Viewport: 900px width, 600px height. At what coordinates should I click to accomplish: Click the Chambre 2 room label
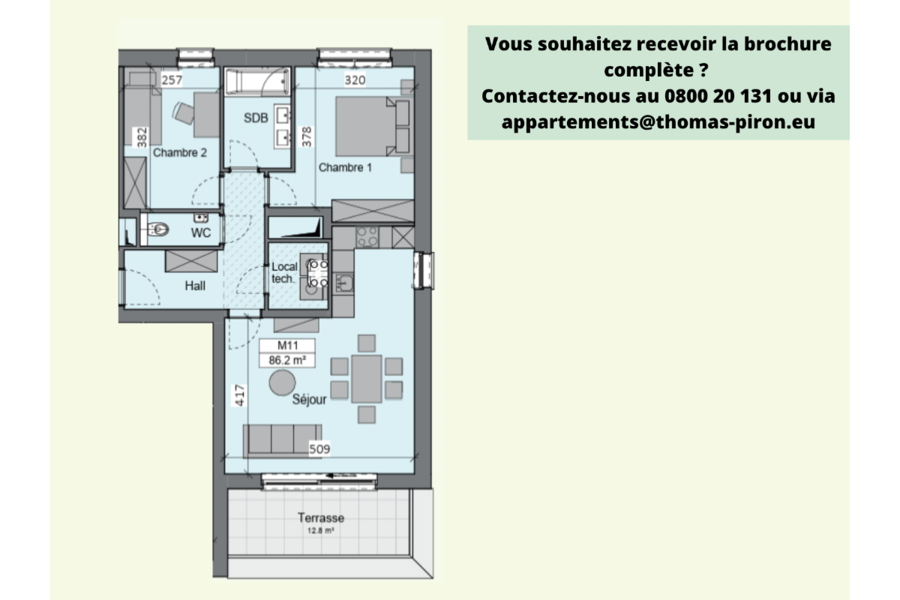pyautogui.click(x=180, y=152)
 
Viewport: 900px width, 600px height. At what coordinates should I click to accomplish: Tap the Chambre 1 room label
pyautogui.click(x=345, y=167)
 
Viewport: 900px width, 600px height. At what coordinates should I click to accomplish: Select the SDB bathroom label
pyautogui.click(x=255, y=118)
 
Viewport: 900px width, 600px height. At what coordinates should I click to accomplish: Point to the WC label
pyautogui.click(x=200, y=233)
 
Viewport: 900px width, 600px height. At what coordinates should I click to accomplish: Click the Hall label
pyautogui.click(x=195, y=286)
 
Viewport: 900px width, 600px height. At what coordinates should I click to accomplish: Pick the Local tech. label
pyautogui.click(x=284, y=272)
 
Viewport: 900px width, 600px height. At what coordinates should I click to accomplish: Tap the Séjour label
pyautogui.click(x=309, y=400)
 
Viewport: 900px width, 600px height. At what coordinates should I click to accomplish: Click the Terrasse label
pyautogui.click(x=320, y=517)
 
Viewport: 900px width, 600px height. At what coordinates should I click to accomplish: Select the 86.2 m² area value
pyautogui.click(x=286, y=360)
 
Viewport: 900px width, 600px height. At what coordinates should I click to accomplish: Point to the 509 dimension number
pyautogui.click(x=320, y=449)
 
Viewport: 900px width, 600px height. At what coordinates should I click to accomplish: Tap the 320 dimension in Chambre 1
pyautogui.click(x=355, y=79)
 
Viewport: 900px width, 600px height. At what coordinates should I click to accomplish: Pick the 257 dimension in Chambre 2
pyautogui.click(x=172, y=79)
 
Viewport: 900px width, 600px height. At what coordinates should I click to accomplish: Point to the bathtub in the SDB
pyautogui.click(x=257, y=79)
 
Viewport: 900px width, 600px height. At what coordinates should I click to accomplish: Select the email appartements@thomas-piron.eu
pyautogui.click(x=658, y=121)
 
